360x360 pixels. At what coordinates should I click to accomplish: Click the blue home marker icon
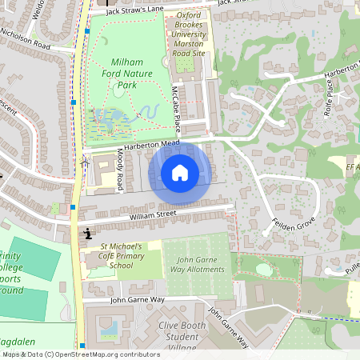click(180, 172)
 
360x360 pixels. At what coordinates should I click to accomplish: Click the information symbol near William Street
click(86, 234)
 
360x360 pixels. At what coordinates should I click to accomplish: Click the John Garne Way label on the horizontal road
click(137, 299)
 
